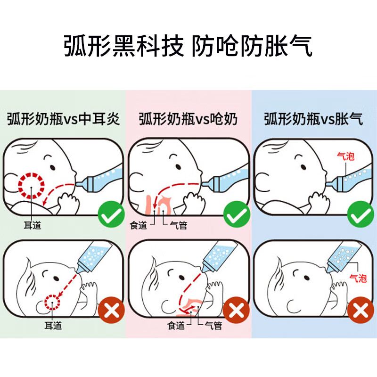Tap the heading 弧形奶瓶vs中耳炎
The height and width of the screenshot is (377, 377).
point(64,119)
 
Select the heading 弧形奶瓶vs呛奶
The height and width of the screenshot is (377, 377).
point(188,119)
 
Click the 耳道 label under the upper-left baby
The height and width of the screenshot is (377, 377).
point(32,225)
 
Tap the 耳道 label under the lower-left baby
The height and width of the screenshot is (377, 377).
point(54,325)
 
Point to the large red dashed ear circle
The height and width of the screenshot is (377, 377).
point(31,185)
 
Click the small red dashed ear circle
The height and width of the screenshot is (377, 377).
point(53,301)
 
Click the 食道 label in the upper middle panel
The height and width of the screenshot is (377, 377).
point(139,225)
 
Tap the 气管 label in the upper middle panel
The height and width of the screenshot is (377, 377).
point(178,225)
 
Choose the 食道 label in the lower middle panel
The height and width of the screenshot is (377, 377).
point(176,325)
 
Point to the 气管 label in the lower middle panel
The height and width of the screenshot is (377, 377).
point(213,325)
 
